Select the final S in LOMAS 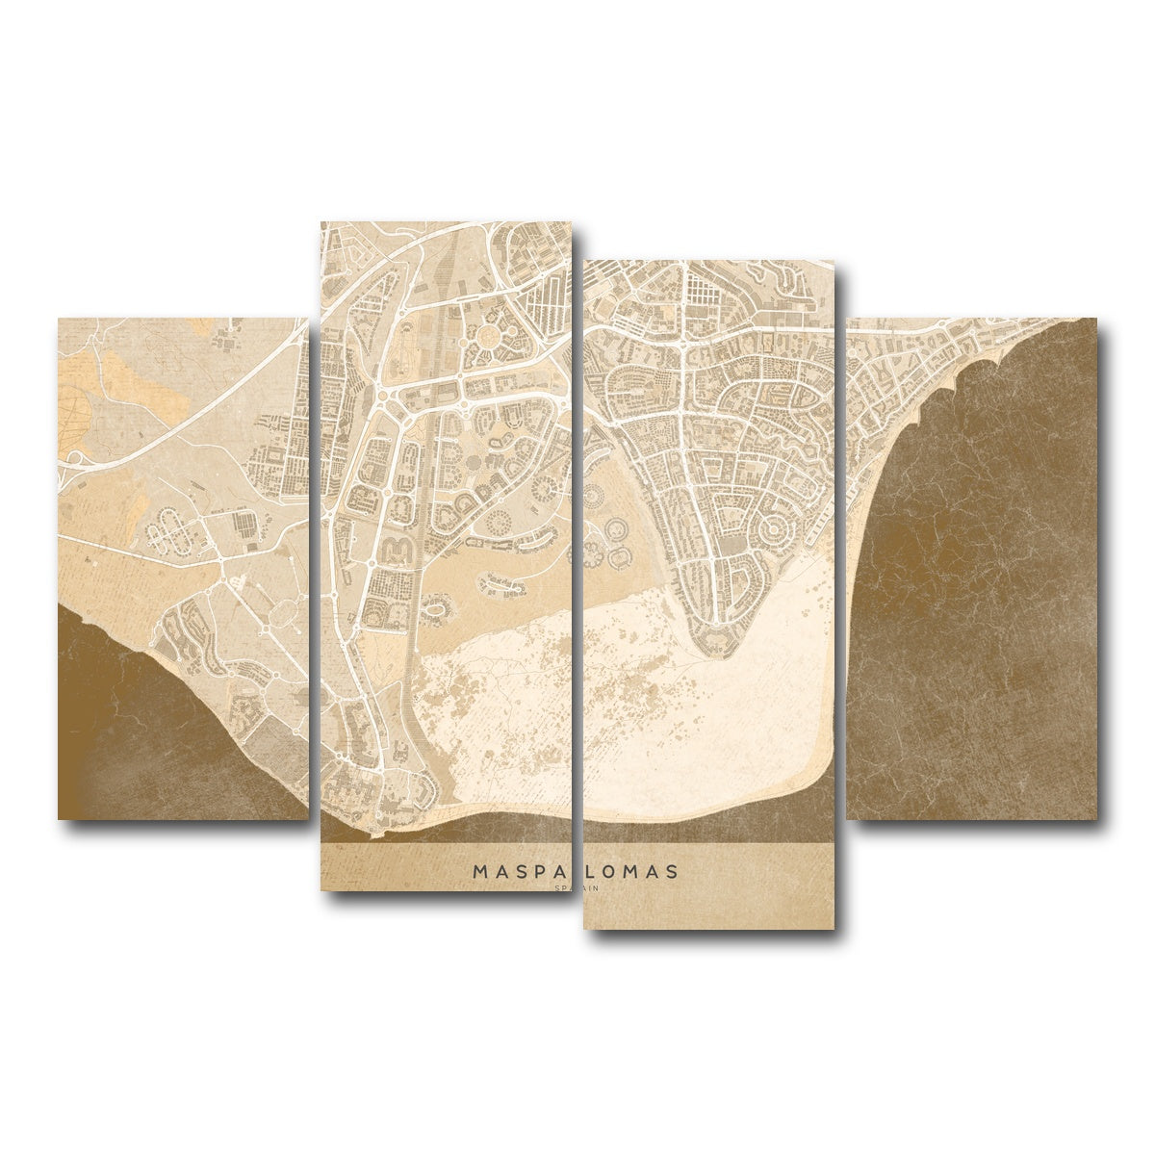tap(671, 871)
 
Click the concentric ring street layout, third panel tap(767, 531)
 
